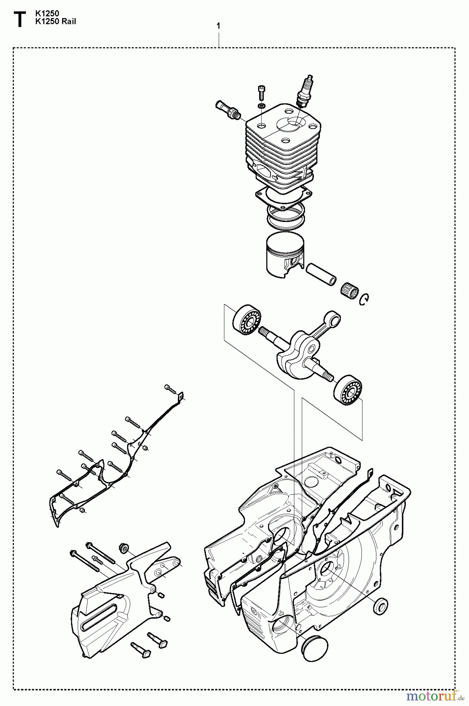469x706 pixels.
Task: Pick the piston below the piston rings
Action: [x=284, y=254]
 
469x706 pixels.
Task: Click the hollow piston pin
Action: [x=321, y=273]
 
